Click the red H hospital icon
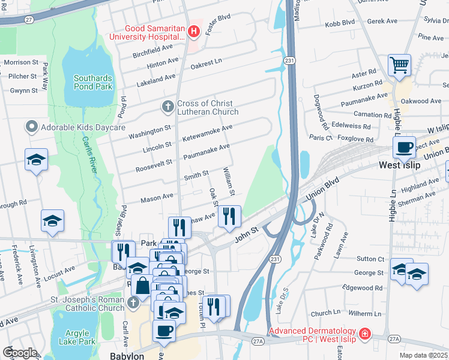click(x=193, y=31)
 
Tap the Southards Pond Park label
click(x=93, y=82)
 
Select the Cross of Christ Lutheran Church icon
click(x=167, y=107)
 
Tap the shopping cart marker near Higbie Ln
click(x=399, y=65)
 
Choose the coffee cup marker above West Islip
click(x=405, y=147)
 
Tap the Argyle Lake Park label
click(x=77, y=337)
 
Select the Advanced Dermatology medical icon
click(x=364, y=334)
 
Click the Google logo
click(x=19, y=353)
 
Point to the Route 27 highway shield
click(x=28, y=20)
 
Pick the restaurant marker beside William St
click(x=229, y=216)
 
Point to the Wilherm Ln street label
click(x=364, y=314)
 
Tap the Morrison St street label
click(x=20, y=62)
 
